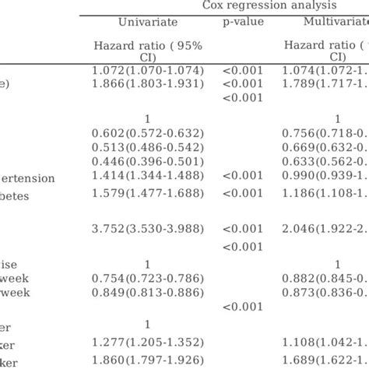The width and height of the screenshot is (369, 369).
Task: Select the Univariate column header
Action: tap(147, 22)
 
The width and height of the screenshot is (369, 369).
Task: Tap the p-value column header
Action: tap(243, 22)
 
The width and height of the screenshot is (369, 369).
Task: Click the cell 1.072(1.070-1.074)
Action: tap(147, 71)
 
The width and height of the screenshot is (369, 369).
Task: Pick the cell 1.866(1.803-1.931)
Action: tap(147, 83)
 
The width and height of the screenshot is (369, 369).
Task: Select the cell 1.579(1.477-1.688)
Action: tap(147, 192)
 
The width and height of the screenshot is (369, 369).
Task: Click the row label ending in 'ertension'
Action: tap(27, 178)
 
